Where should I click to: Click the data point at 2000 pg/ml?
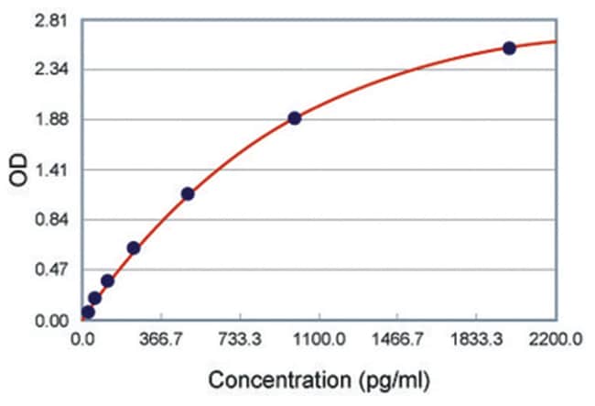tap(510, 48)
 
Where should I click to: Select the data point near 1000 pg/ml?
tap(294, 118)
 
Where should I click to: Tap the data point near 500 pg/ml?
tap(188, 193)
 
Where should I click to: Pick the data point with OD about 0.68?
tap(134, 247)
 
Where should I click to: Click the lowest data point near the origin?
tap(88, 312)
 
